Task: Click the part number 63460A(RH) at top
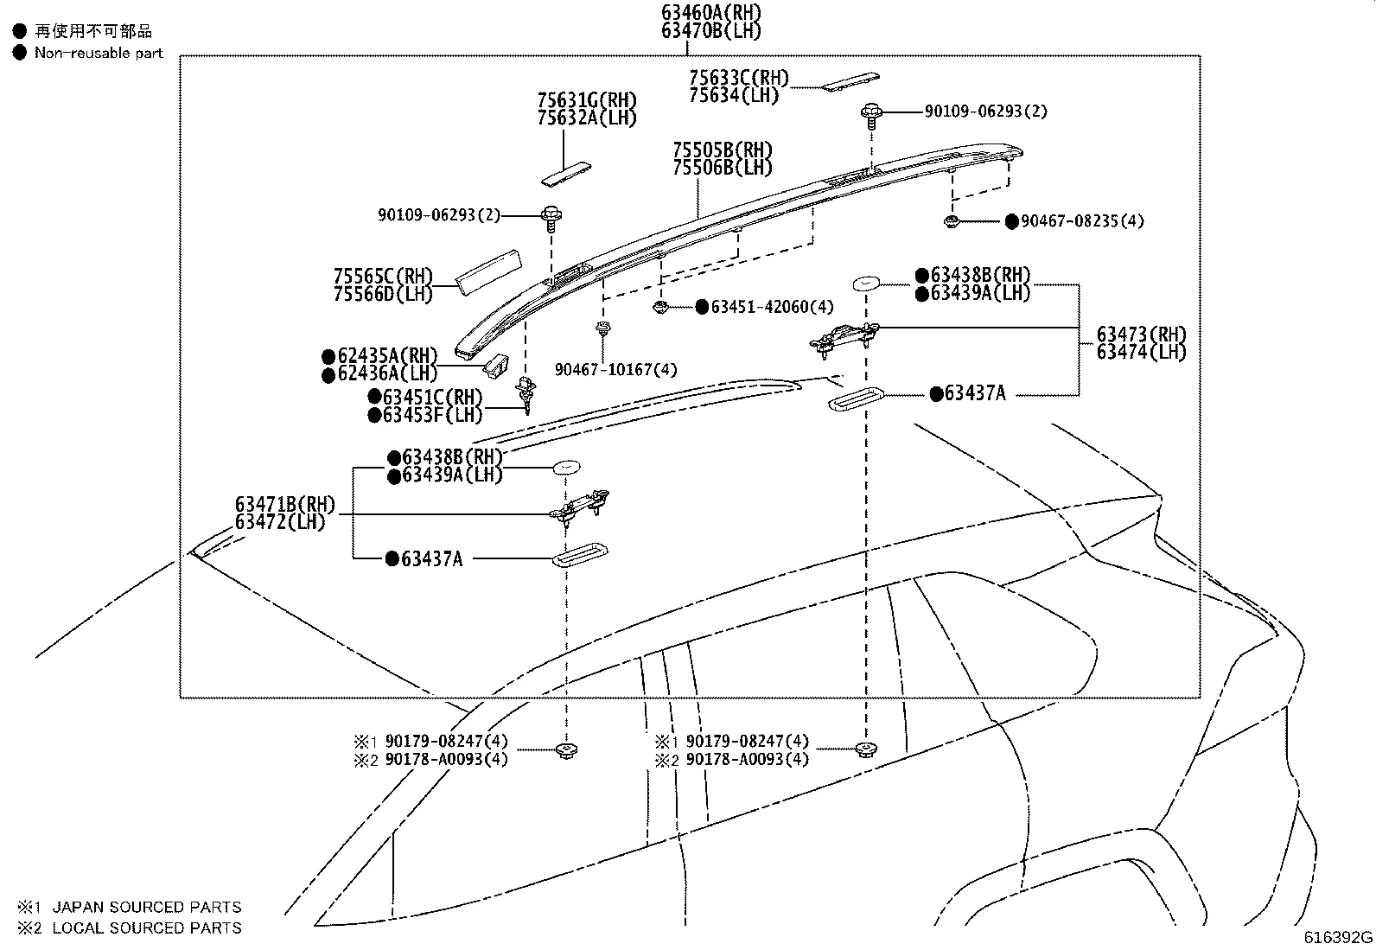[x=712, y=12]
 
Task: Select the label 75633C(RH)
[x=739, y=78]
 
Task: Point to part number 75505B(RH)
[x=723, y=150]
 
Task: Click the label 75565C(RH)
[x=383, y=277]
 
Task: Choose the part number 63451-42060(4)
[x=772, y=307]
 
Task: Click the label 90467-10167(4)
[x=615, y=370]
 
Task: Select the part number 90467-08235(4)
[x=1082, y=221]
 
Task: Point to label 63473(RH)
[x=1141, y=335]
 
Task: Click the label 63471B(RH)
[x=284, y=505]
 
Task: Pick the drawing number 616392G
[x=1338, y=937]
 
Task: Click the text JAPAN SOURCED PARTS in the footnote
[x=147, y=907]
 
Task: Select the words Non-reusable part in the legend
[x=99, y=53]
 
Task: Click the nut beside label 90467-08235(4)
[x=951, y=222]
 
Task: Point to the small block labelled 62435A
[x=495, y=365]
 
